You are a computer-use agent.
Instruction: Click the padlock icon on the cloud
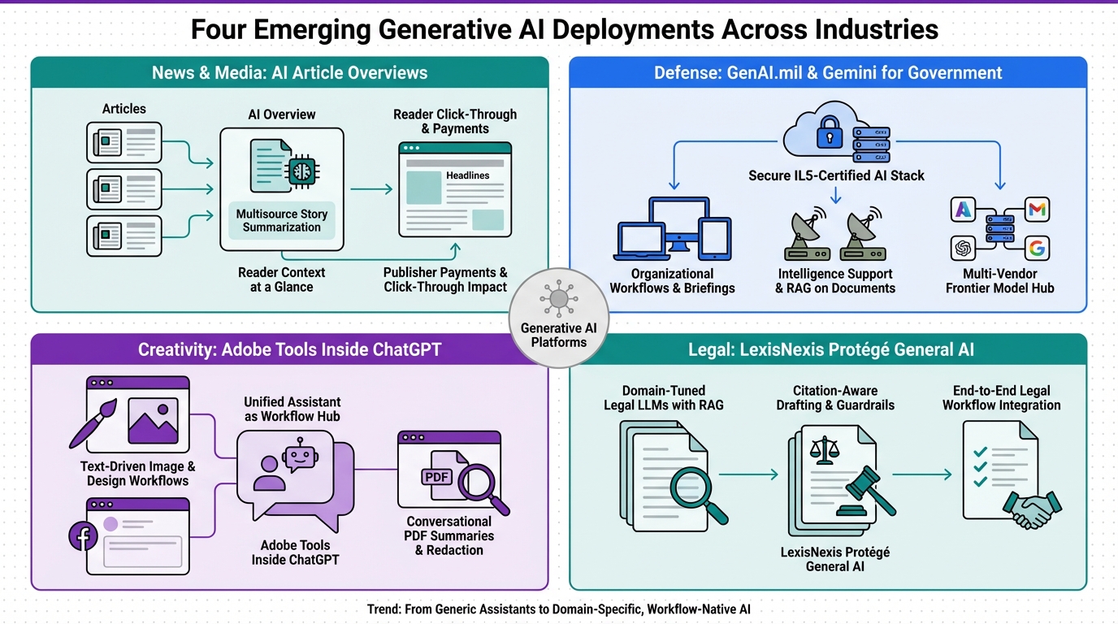coord(829,132)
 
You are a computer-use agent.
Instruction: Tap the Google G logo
coord(1037,248)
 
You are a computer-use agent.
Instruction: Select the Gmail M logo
coord(1037,209)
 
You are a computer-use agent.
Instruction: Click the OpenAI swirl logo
coord(963,248)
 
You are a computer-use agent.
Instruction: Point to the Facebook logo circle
coord(83,536)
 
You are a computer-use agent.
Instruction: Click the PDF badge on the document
coord(437,477)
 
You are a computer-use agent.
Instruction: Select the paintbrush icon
coord(93,422)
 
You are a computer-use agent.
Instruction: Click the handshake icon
coord(1032,509)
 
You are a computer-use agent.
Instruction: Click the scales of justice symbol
coord(825,450)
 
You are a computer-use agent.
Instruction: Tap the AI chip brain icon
coord(302,171)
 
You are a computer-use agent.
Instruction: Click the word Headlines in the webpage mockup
coord(468,175)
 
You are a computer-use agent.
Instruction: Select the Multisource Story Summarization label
coord(281,221)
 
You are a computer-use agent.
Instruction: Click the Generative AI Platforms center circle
coord(558,318)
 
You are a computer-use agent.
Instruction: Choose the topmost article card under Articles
coord(123,142)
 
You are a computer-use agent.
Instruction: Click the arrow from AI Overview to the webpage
coord(371,189)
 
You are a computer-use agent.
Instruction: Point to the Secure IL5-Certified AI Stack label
coord(836,175)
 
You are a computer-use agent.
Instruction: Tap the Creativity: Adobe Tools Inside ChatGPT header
coord(289,349)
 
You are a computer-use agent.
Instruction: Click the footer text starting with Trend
coord(558,609)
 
